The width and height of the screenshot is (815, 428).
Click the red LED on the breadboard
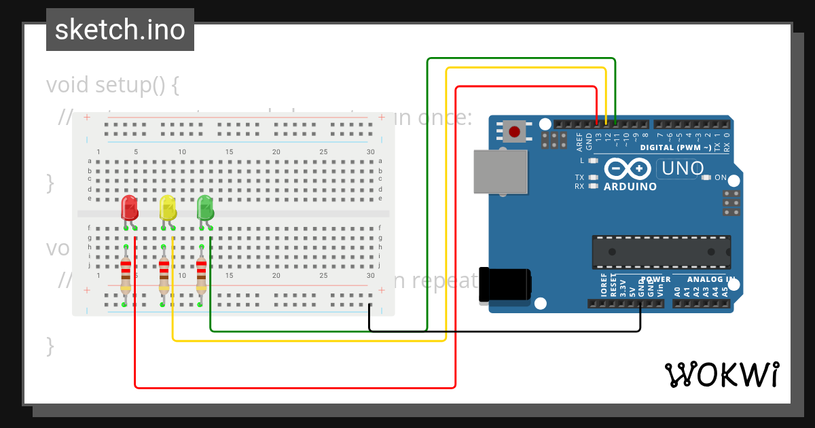[129, 208]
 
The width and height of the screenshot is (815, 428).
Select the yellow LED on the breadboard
[167, 208]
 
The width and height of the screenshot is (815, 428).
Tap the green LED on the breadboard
[205, 208]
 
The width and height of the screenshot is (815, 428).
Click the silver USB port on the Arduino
[501, 171]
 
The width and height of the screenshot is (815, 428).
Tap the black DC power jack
[505, 284]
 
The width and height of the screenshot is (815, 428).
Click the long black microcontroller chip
[661, 251]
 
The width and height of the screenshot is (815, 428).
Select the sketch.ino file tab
[120, 30]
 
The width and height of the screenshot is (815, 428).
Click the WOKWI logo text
[722, 374]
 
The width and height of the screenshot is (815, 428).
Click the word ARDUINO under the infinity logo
[630, 186]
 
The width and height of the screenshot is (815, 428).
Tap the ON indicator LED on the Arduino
[706, 178]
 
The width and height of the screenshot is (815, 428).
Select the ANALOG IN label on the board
[710, 279]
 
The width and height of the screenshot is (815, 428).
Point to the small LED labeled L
[593, 161]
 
